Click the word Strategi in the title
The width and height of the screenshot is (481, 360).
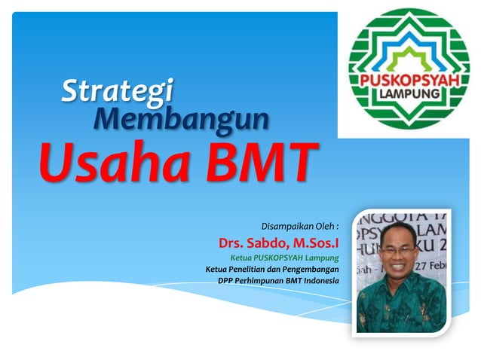(117, 92)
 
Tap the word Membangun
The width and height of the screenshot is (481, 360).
(181, 118)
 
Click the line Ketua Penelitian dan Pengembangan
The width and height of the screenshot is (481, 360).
(272, 269)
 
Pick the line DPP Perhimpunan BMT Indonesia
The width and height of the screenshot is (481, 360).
(277, 281)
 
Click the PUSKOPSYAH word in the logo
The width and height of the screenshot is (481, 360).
(408, 80)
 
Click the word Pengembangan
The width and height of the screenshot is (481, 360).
(308, 269)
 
